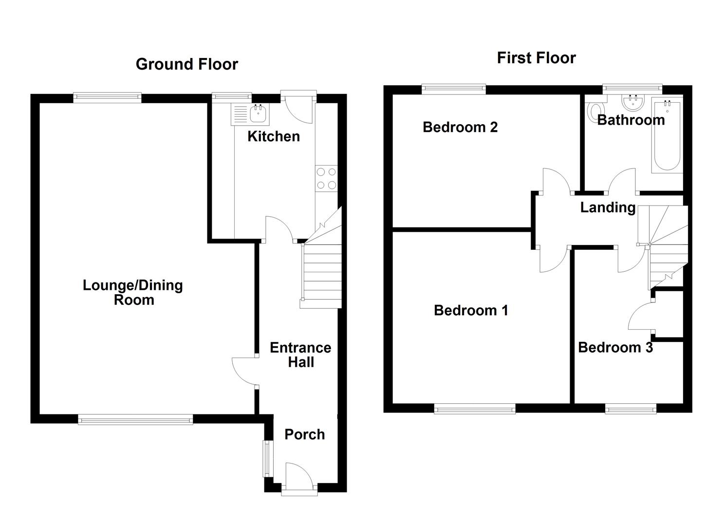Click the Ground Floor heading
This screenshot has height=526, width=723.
point(186,64)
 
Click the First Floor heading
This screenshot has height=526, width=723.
point(536,58)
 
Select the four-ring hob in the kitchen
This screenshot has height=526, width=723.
point(326,178)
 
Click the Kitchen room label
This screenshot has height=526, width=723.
point(273,136)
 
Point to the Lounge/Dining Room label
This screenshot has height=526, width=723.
point(133,292)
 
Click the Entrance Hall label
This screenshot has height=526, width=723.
point(300,355)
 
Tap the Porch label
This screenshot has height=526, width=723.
point(304,434)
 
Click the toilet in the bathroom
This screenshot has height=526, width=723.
point(595,112)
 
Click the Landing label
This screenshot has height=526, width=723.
point(608,207)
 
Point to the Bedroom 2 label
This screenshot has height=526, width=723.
point(460,127)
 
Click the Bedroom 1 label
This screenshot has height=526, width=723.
point(471,310)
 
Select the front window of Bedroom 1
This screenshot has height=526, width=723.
point(475,409)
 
